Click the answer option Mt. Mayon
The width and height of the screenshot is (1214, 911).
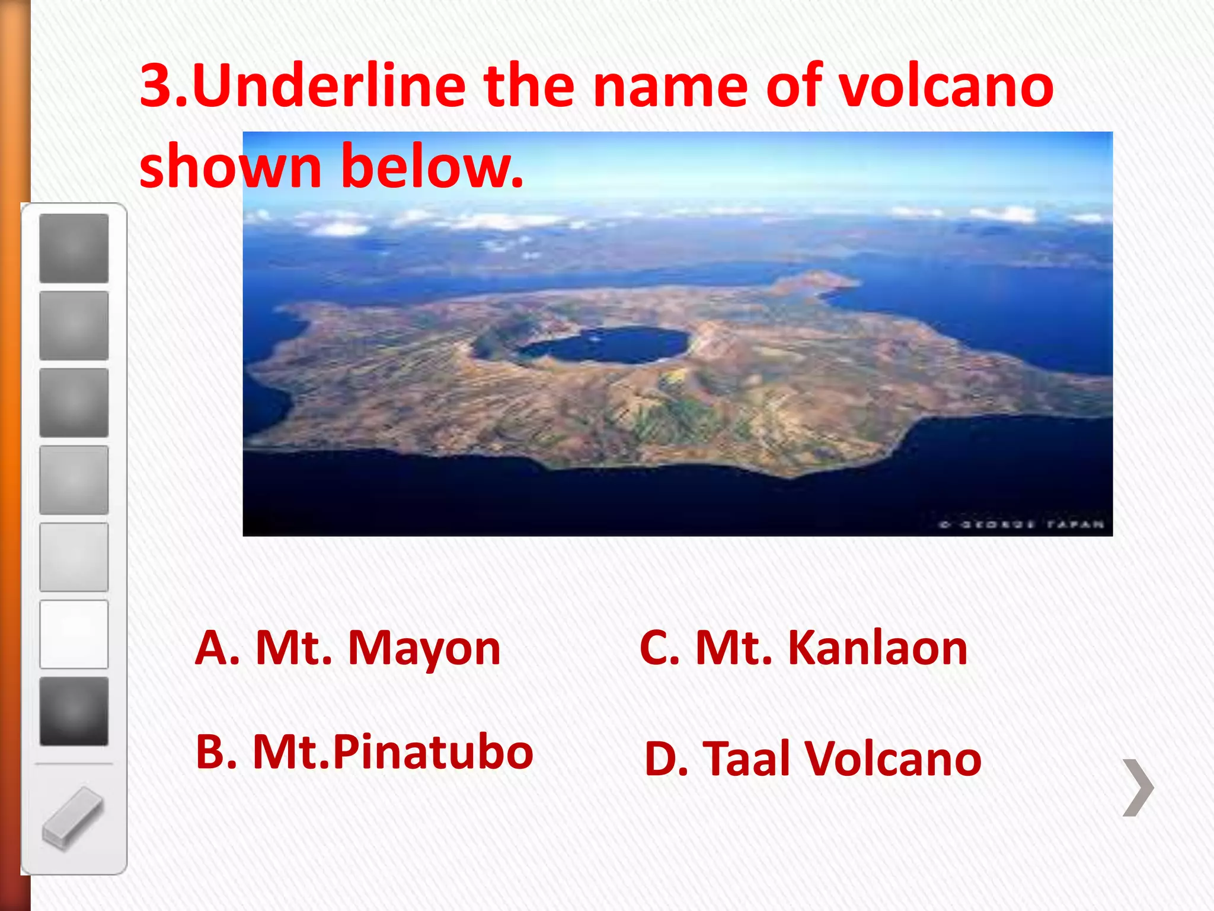(349, 648)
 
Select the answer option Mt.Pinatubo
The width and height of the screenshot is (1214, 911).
(365, 752)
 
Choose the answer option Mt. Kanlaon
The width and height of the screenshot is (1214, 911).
(803, 648)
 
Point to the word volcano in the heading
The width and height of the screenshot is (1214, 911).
(946, 86)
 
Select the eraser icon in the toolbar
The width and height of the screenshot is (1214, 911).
(74, 818)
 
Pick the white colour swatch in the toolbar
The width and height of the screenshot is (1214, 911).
(74, 634)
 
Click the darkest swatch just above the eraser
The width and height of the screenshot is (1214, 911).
(74, 711)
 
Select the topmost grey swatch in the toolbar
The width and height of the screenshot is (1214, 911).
(74, 248)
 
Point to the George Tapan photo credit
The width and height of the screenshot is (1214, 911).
(1021, 524)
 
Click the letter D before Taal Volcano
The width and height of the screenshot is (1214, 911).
(666, 759)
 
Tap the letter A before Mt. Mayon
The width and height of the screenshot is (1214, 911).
(217, 648)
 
